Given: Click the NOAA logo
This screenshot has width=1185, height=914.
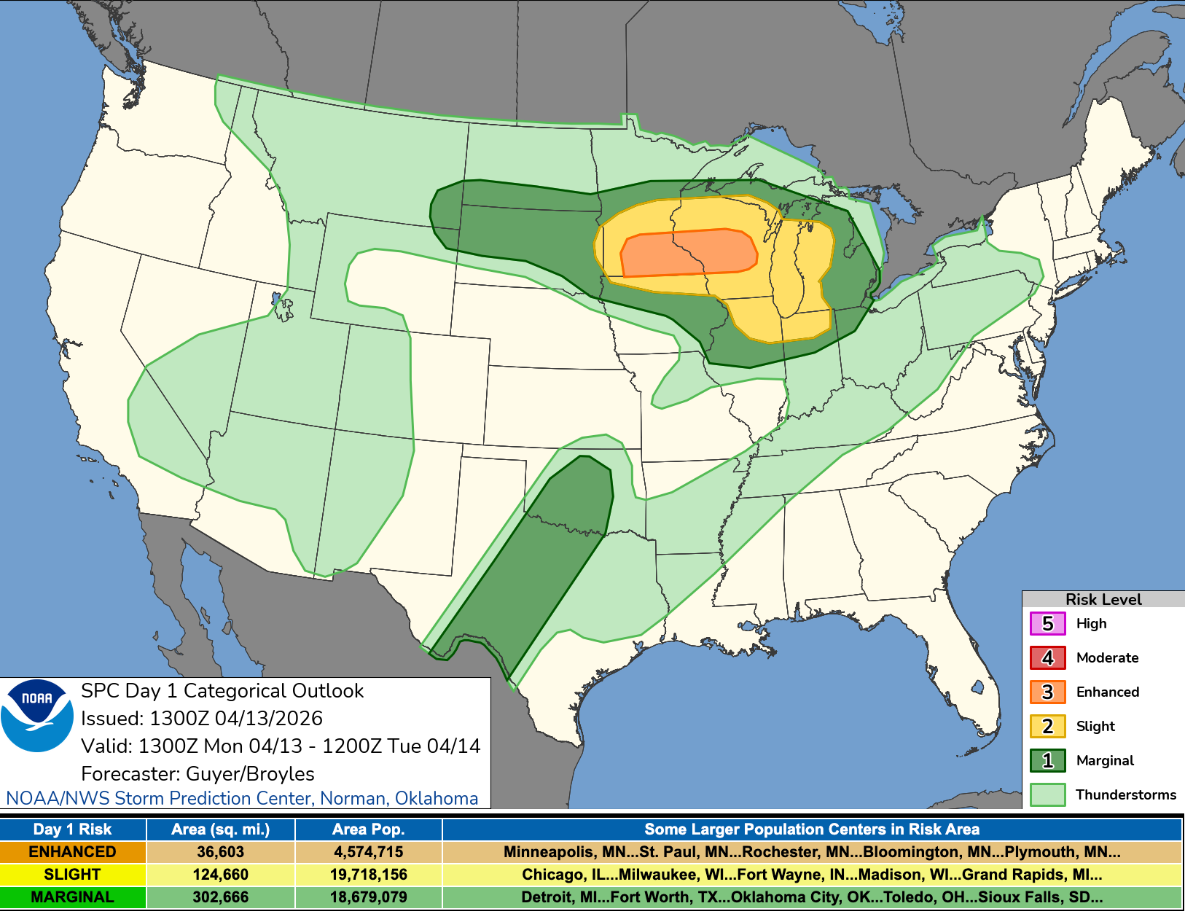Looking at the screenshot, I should [37, 715].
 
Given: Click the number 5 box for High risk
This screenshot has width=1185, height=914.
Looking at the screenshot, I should [1047, 624].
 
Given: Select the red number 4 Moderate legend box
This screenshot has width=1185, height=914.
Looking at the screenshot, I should [1047, 658].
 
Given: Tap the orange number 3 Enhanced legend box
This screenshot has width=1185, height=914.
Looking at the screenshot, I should [1047, 692].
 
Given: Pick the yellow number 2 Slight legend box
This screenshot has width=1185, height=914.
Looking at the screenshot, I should [1047, 727].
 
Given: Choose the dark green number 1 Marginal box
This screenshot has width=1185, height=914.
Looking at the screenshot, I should [1047, 761].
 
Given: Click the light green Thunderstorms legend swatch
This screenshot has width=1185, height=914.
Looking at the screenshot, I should [1047, 795].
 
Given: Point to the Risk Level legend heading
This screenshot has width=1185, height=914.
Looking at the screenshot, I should [1103, 599].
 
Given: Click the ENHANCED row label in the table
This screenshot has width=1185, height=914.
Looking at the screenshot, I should [73, 852].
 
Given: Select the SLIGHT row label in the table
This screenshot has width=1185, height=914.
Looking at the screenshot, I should [73, 875].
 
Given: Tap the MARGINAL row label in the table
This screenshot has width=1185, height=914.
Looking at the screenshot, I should [73, 897].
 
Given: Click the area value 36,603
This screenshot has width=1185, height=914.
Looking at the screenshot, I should [221, 852].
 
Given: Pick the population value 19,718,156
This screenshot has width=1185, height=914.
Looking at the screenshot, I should [368, 875].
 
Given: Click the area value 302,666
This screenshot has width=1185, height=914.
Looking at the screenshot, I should [221, 897].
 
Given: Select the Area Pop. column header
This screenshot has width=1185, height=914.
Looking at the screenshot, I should [368, 829].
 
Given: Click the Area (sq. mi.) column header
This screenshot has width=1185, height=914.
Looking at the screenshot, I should [221, 829].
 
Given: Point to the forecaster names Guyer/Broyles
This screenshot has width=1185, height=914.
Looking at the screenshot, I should [250, 774].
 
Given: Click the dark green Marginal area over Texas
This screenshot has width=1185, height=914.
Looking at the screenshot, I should [539, 561].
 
